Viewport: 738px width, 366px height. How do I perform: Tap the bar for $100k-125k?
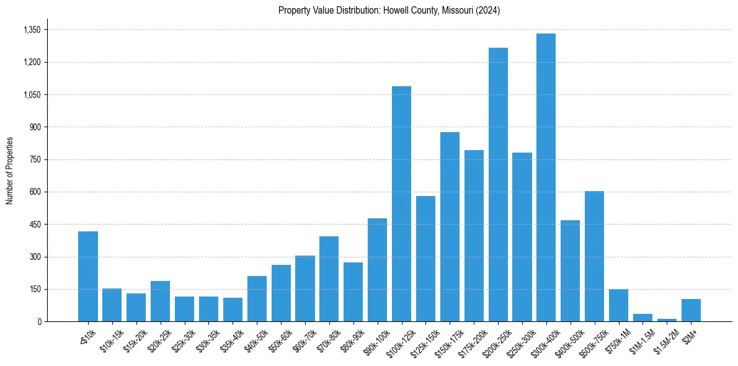coord(401,204)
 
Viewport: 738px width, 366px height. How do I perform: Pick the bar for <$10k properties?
coord(88,277)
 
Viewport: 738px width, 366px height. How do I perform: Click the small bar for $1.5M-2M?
coord(667,320)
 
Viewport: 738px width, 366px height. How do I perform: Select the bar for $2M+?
coord(691,310)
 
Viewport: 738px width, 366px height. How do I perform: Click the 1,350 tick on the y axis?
coord(32,30)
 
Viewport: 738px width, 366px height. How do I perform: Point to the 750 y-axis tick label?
coord(35,159)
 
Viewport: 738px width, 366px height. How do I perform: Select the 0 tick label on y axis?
coord(39,321)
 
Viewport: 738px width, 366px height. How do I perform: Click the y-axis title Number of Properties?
coord(9,170)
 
